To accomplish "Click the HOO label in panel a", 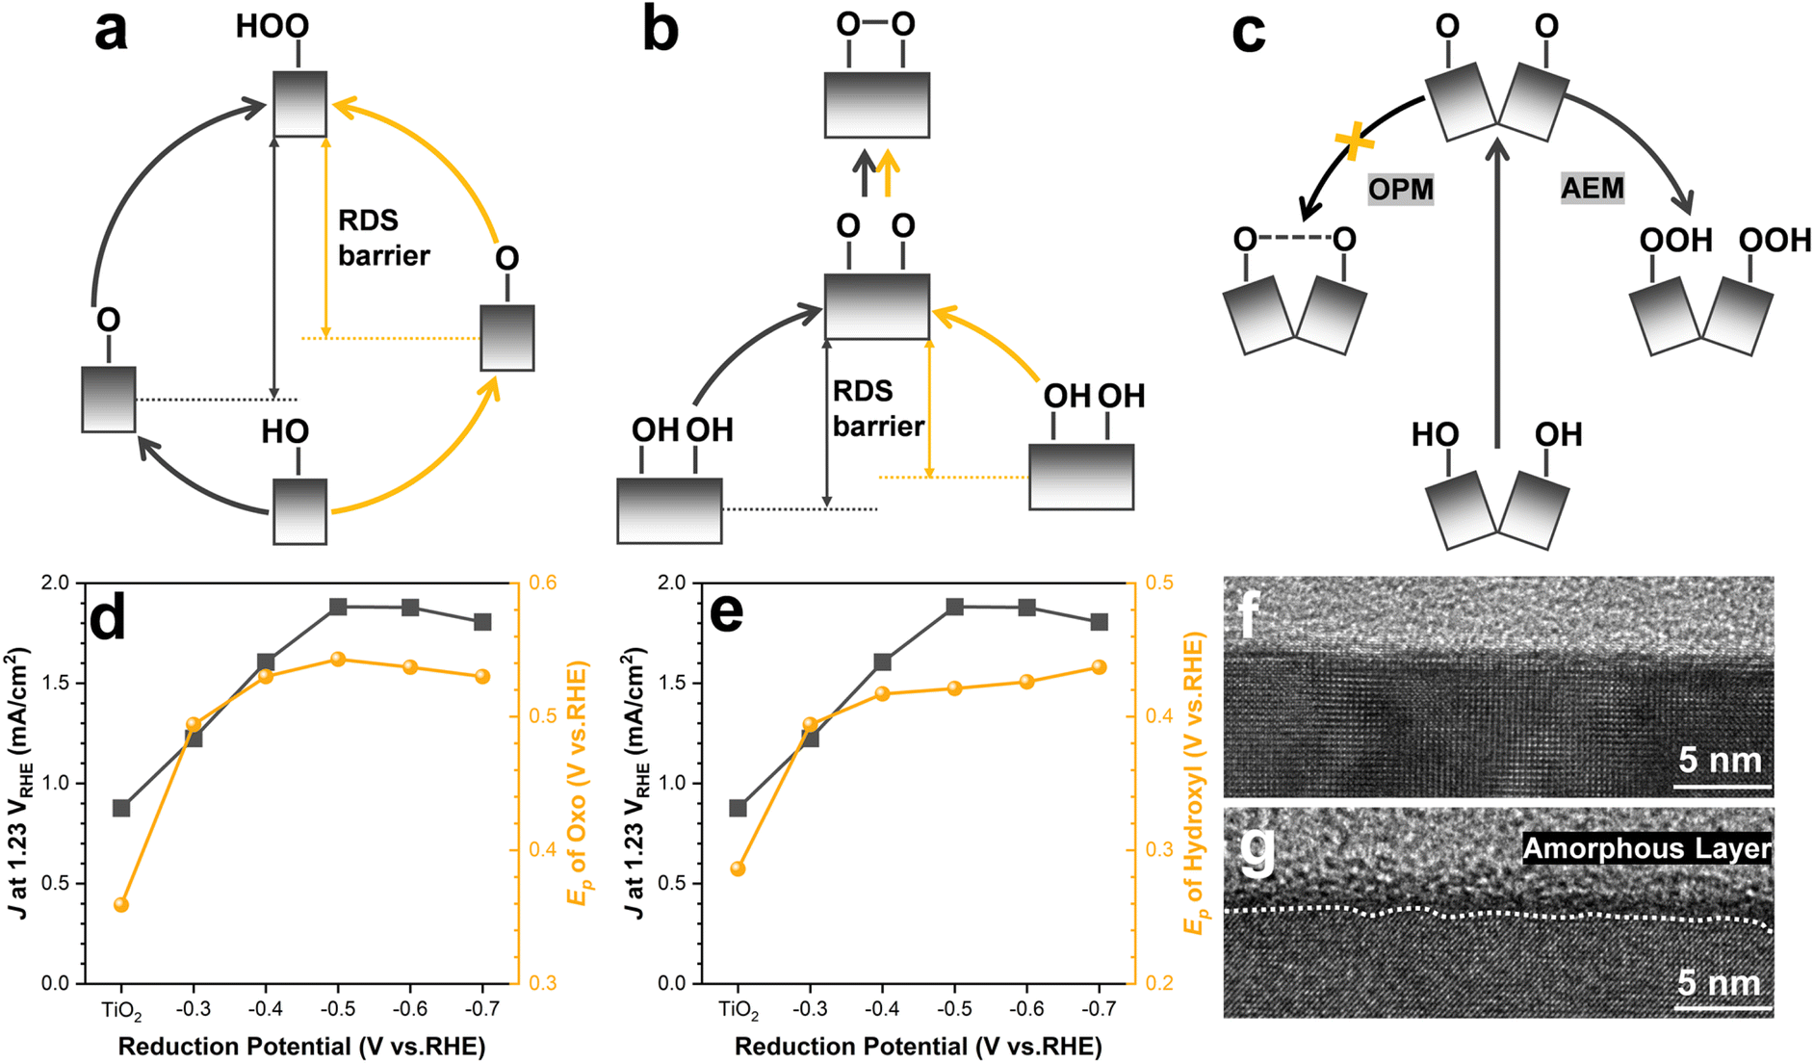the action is [x=272, y=26].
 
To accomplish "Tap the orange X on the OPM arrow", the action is [x=1355, y=142].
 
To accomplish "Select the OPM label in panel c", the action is [x=1401, y=190].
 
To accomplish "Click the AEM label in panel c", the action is [x=1593, y=187].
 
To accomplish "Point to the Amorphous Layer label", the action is [x=1646, y=848].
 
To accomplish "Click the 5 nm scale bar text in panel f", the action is [x=1721, y=761].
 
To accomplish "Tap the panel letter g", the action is [x=1257, y=850].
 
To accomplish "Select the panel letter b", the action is [x=661, y=31].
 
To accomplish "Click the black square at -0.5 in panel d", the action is [x=338, y=607].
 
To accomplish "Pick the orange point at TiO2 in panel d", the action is [x=121, y=905].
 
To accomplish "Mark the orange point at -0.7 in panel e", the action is [x=1099, y=667].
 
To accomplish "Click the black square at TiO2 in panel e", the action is [x=738, y=808].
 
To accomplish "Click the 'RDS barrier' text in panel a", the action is [x=383, y=238].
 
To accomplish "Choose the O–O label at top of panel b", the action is [x=875, y=24].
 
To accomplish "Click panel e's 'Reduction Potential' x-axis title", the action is [x=918, y=1047].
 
